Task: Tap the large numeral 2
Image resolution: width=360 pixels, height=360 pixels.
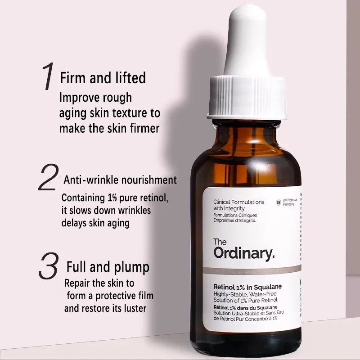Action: [x=49, y=177]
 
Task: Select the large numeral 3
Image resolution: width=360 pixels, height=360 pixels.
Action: [x=49, y=265]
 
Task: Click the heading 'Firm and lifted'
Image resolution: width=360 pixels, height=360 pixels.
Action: [x=103, y=77]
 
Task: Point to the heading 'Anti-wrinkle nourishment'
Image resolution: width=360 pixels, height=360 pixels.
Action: [x=120, y=180]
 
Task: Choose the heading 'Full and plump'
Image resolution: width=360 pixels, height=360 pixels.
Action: [x=108, y=267]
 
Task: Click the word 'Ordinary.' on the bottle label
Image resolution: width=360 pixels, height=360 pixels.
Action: [x=244, y=253]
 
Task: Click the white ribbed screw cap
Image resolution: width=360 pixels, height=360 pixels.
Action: [x=247, y=98]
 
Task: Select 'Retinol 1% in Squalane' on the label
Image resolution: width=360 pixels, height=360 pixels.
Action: [x=247, y=287]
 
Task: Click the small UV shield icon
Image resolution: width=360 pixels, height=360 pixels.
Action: [x=279, y=202]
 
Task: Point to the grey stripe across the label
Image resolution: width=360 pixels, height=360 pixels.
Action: [x=252, y=270]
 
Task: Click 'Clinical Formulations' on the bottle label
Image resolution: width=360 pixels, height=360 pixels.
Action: [x=239, y=202]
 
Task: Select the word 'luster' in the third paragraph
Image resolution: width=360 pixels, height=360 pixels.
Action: [x=135, y=308]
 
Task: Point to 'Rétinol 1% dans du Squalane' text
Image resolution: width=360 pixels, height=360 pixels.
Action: [x=245, y=307]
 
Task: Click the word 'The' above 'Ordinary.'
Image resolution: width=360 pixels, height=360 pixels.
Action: [x=220, y=242]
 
